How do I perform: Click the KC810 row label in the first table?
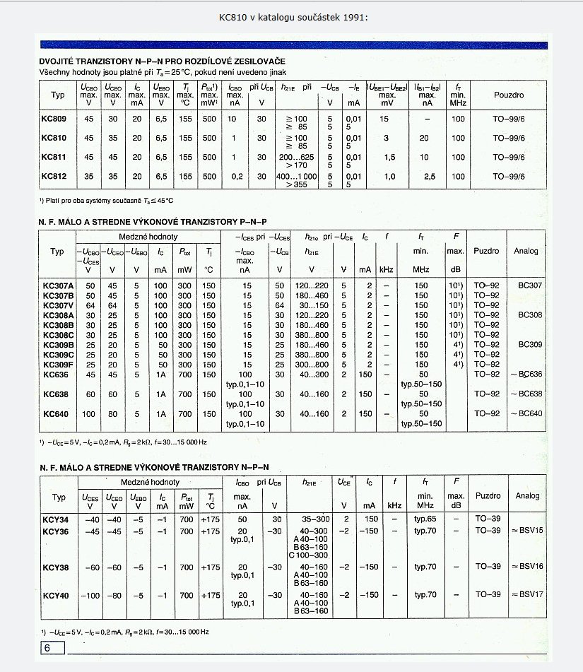(54, 138)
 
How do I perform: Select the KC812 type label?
(54, 176)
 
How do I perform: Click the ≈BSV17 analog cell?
(528, 595)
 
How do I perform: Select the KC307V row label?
(58, 305)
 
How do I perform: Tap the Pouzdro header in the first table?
(508, 94)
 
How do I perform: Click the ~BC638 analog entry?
(528, 394)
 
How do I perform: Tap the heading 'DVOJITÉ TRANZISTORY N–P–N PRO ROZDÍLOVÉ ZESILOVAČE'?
(172, 62)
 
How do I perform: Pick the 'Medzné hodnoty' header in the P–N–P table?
(148, 237)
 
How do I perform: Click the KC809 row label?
(54, 119)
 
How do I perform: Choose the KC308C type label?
(58, 335)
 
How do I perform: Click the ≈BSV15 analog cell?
(528, 530)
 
